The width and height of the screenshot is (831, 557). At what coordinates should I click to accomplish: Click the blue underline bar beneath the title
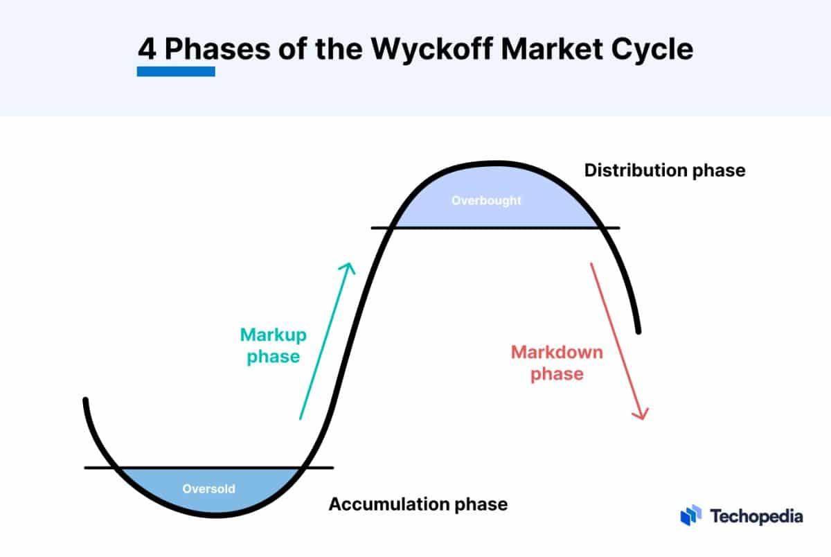(176, 71)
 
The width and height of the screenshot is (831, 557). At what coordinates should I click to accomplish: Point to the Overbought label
(486, 201)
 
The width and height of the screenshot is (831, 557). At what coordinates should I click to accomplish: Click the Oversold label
(208, 489)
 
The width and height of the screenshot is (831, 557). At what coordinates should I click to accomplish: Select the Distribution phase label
(665, 170)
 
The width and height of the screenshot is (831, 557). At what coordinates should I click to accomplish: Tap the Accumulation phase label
(418, 504)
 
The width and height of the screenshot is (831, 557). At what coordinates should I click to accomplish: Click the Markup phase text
(274, 346)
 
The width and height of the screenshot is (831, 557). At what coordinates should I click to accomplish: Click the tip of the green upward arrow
(351, 263)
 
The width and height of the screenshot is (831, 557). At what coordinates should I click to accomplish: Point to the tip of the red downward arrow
(643, 418)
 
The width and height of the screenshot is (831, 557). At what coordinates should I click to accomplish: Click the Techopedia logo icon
(691, 515)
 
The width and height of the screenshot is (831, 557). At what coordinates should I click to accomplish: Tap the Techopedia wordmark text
(756, 516)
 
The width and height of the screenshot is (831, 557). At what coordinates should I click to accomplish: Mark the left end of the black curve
(86, 400)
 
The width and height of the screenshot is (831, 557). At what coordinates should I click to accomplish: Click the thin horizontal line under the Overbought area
(495, 228)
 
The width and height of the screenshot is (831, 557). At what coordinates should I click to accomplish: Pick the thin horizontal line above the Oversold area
(208, 468)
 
